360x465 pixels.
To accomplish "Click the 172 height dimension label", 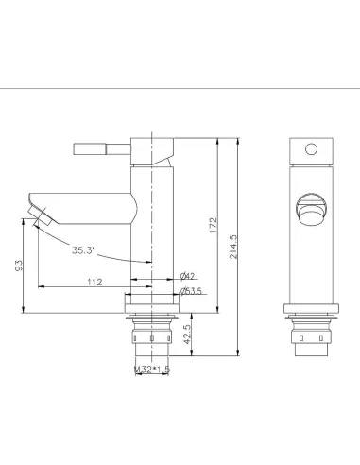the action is click(214, 225).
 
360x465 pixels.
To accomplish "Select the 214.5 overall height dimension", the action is click(233, 247).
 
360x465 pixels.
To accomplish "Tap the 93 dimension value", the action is click(19, 266).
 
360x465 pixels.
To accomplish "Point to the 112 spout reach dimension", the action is click(94, 282).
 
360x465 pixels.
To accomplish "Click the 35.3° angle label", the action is click(83, 250).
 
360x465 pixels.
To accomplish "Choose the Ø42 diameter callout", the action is click(187, 276).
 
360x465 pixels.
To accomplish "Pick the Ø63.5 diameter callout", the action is click(191, 291).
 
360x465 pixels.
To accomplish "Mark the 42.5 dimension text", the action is click(187, 335).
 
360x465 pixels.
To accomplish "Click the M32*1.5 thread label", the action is click(152, 370).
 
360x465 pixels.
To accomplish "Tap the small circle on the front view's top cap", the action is click(311, 149).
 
